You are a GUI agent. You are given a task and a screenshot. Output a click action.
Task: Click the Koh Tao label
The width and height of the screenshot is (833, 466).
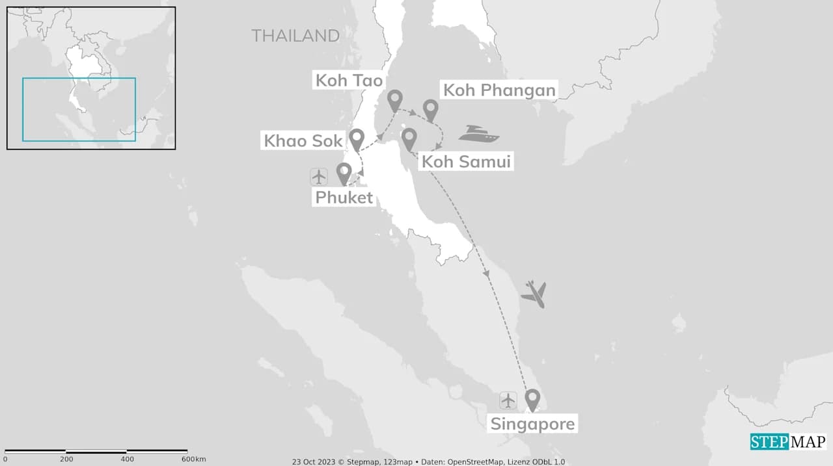pyautogui.click(x=349, y=80)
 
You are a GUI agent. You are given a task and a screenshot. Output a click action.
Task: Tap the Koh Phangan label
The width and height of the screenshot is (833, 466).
pyautogui.click(x=499, y=90)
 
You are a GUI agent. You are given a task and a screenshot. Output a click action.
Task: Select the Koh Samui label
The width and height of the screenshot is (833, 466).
pyautogui.click(x=466, y=161)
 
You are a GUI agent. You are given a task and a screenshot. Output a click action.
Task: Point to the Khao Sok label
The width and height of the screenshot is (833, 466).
pyautogui.click(x=303, y=140)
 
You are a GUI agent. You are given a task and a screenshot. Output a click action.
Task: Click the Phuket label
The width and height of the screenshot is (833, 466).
pyautogui.click(x=344, y=197)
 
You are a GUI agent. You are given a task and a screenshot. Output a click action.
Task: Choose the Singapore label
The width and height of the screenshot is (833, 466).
pyautogui.click(x=532, y=424)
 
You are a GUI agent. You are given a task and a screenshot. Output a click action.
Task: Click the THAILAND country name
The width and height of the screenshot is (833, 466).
pyautogui.click(x=295, y=36)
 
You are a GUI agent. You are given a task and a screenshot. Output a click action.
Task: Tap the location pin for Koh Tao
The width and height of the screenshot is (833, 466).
pyautogui.click(x=394, y=101)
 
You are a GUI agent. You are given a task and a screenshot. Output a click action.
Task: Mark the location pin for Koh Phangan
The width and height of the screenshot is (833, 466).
pyautogui.click(x=430, y=110)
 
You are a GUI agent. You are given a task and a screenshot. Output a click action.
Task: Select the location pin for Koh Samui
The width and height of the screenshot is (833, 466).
pyautogui.click(x=409, y=138)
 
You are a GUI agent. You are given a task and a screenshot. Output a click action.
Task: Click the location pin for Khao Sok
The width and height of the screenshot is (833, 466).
pyautogui.click(x=356, y=139)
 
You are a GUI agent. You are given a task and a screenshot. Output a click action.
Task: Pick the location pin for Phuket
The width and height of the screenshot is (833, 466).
pyautogui.click(x=344, y=173)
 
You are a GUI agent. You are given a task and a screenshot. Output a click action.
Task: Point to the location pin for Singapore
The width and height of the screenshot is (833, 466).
pyautogui.click(x=532, y=399)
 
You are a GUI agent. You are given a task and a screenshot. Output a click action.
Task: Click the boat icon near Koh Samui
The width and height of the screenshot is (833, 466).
pyautogui.click(x=478, y=134)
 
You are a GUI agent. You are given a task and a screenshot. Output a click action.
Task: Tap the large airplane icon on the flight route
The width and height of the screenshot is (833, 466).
pyautogui.click(x=534, y=294)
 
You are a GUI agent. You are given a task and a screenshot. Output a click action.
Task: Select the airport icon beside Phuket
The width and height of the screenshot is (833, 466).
pyautogui.click(x=319, y=176)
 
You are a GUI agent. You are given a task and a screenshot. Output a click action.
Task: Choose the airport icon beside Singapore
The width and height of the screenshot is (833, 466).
pyautogui.click(x=508, y=400)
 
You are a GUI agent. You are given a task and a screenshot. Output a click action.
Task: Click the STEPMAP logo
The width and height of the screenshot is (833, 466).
pyautogui.click(x=787, y=442)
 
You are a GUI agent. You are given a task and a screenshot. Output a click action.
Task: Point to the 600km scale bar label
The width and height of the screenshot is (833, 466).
pyautogui.click(x=193, y=460)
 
